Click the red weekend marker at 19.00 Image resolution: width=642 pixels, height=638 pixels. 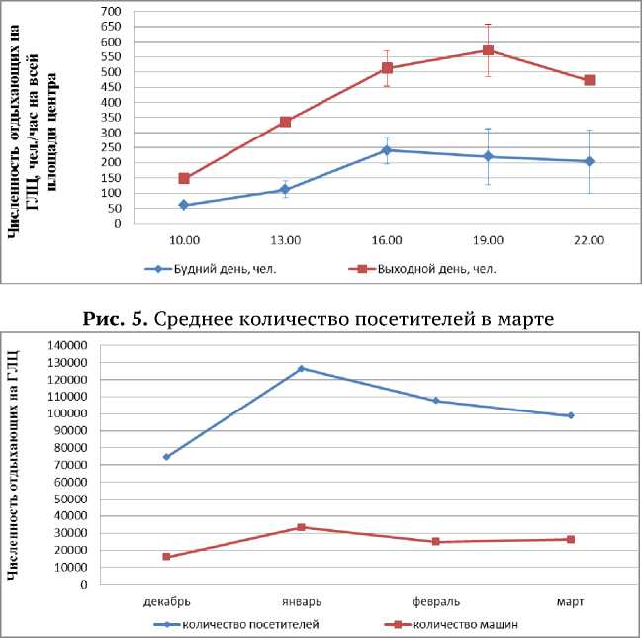488,50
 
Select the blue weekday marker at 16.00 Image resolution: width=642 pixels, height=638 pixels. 386,150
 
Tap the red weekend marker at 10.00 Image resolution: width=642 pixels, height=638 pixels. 184,178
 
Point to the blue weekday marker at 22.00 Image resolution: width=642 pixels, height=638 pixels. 589,161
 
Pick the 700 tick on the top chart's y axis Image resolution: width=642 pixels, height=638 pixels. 110,12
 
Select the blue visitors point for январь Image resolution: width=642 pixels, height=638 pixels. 301,368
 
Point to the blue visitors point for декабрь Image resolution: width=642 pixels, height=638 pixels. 166,457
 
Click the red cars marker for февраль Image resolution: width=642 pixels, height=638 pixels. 435,542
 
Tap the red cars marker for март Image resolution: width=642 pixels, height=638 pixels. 570,539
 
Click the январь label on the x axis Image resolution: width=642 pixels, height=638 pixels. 301,600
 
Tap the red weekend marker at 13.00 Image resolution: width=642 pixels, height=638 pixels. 285,122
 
